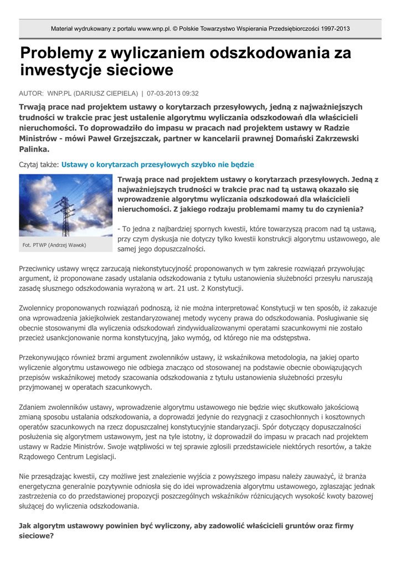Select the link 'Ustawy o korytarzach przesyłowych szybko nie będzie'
coord(157,165)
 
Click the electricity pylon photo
coord(66,205)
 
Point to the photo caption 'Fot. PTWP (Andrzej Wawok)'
coord(54,245)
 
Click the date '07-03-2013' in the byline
coord(166,94)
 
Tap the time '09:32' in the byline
coord(191,94)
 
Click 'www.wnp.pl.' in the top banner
coord(154,29)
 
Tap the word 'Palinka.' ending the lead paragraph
coord(34,149)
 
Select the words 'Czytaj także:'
coord(39,165)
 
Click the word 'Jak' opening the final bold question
coord(25,525)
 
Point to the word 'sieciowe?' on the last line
coord(37,536)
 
